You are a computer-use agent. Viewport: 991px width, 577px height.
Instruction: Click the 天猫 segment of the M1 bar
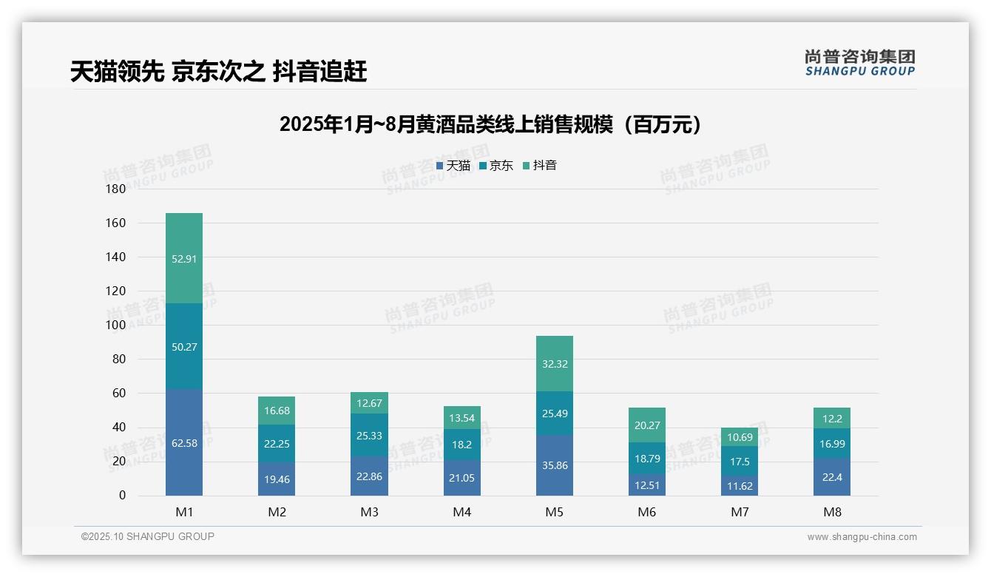click(x=184, y=442)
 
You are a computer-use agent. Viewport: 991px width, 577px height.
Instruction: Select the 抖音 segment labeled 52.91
click(x=184, y=258)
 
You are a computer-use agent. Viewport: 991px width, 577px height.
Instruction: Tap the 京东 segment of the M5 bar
click(x=554, y=414)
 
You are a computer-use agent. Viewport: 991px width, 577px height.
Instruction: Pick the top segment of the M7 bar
click(x=739, y=437)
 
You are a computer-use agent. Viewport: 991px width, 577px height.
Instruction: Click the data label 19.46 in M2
click(x=277, y=479)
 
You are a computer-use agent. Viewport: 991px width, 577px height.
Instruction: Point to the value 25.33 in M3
click(x=369, y=436)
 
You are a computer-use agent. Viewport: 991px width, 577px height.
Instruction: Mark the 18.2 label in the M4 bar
click(x=461, y=445)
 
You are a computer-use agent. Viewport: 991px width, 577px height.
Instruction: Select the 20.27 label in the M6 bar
click(x=646, y=425)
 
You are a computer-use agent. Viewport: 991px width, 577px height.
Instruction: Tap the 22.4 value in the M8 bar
click(x=831, y=477)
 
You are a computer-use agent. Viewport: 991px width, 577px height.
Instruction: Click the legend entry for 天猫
click(x=453, y=166)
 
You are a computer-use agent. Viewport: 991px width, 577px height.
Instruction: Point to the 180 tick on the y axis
click(x=116, y=189)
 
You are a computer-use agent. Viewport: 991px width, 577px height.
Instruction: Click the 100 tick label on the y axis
click(x=116, y=325)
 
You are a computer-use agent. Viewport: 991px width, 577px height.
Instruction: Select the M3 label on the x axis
click(x=369, y=512)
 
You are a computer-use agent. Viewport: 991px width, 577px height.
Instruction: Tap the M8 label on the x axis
click(x=831, y=512)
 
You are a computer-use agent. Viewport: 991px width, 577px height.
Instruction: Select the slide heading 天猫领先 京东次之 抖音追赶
click(x=219, y=72)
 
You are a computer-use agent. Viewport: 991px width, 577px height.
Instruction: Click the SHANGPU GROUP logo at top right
click(x=859, y=63)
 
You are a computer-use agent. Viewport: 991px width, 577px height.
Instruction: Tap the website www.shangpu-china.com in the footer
click(x=862, y=537)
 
